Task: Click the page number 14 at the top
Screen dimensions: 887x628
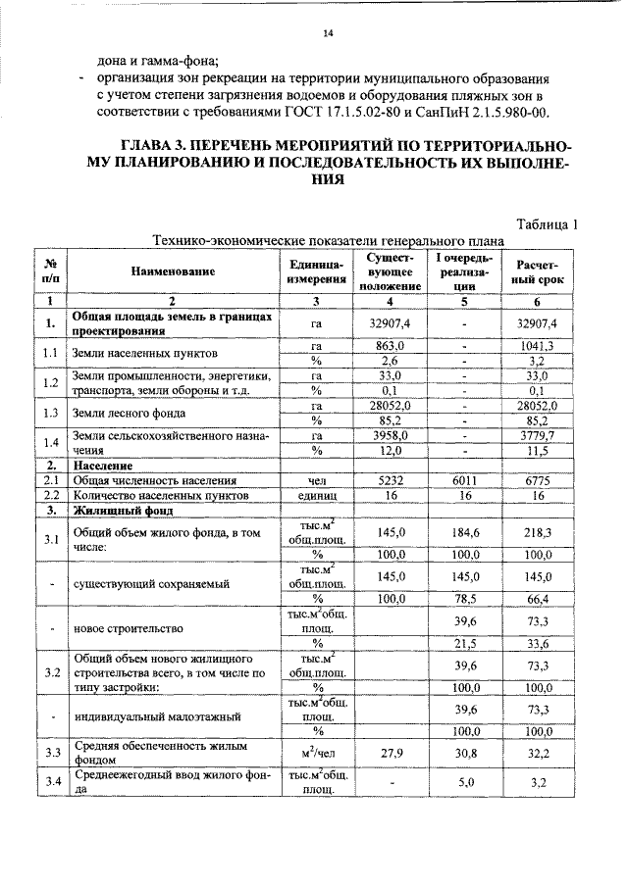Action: [x=329, y=34]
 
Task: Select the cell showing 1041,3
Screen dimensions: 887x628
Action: [x=536, y=346]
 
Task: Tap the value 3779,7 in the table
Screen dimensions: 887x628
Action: [x=536, y=435]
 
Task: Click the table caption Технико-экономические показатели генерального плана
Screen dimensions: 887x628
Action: [x=327, y=241]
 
